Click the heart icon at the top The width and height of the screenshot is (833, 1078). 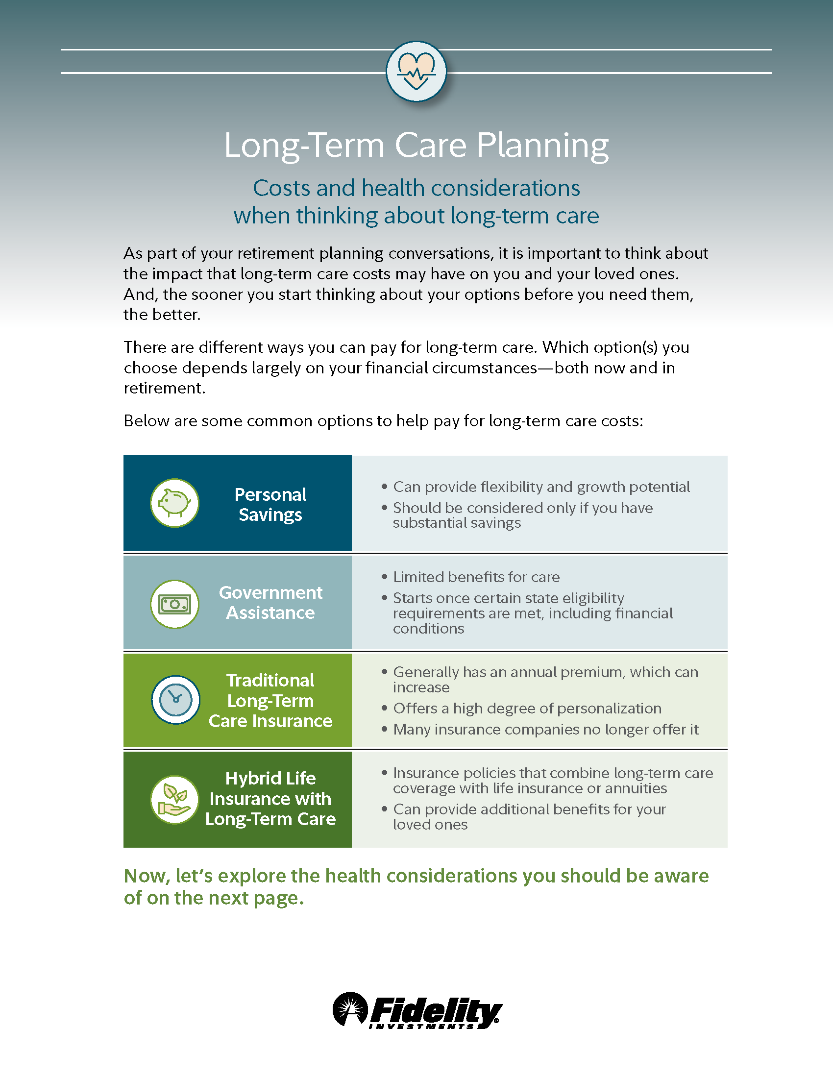click(416, 72)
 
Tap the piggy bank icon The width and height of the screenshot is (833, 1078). click(175, 503)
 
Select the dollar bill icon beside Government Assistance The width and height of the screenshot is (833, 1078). click(175, 604)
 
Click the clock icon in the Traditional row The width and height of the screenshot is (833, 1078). click(175, 699)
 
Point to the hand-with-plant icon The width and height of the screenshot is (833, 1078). click(175, 799)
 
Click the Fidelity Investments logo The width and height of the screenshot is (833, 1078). click(417, 1010)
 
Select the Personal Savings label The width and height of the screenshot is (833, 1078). click(270, 504)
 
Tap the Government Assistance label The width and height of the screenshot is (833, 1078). click(270, 602)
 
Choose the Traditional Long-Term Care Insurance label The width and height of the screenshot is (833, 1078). click(270, 700)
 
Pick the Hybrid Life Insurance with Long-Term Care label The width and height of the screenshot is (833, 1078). click(270, 799)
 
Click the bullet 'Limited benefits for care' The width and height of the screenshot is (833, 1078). click(476, 577)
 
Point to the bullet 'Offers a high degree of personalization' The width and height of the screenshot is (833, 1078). click(527, 709)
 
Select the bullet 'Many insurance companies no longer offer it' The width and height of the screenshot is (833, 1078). click(546, 730)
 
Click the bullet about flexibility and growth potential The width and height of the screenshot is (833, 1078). click(541, 487)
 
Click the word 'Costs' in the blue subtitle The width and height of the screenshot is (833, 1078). click(281, 188)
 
